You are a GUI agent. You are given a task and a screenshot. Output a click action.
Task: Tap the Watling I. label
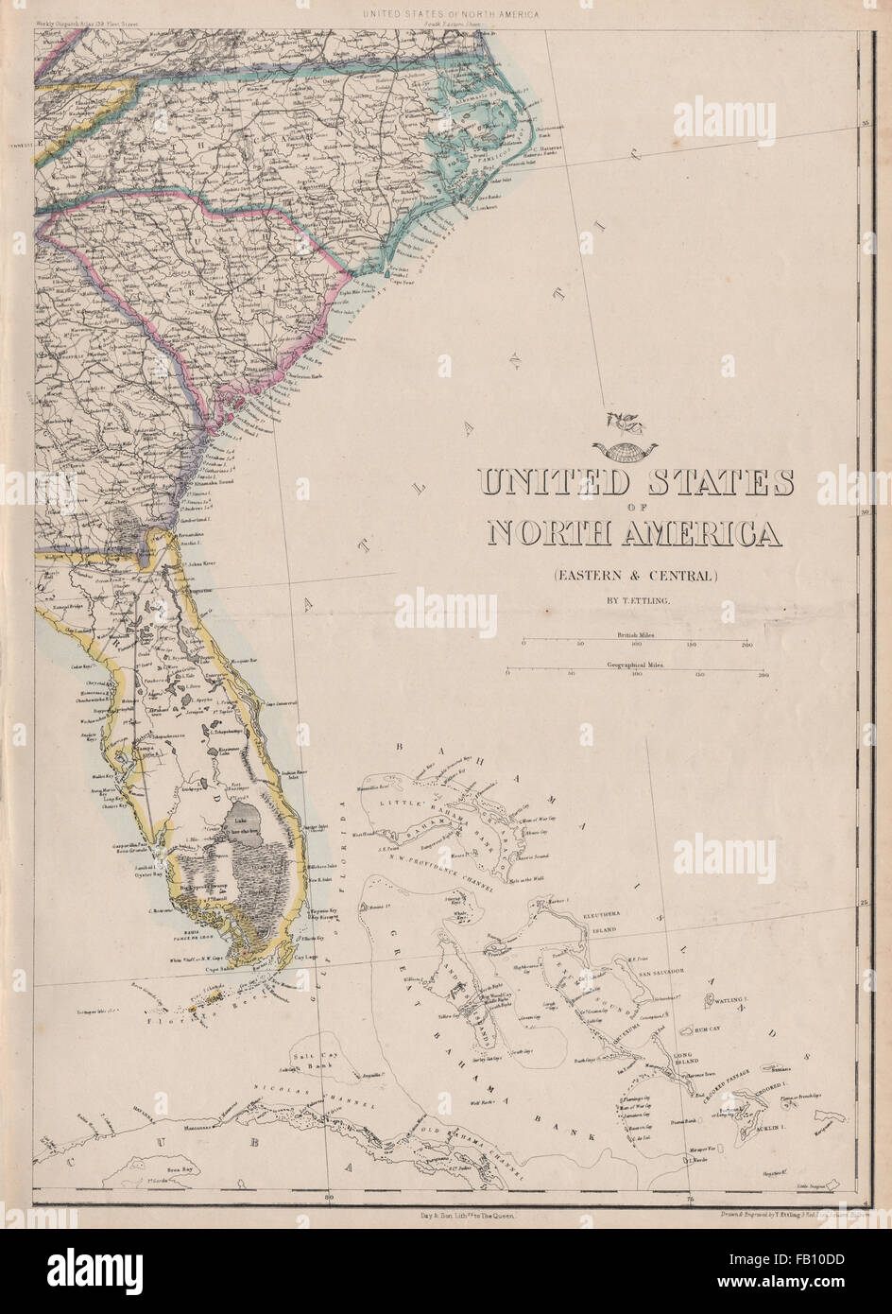pos(732,999)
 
